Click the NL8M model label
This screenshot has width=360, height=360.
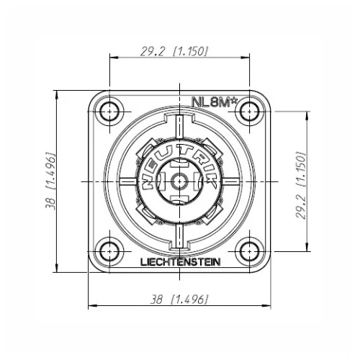[x=215, y=103]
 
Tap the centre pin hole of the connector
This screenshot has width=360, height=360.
[x=179, y=181]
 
